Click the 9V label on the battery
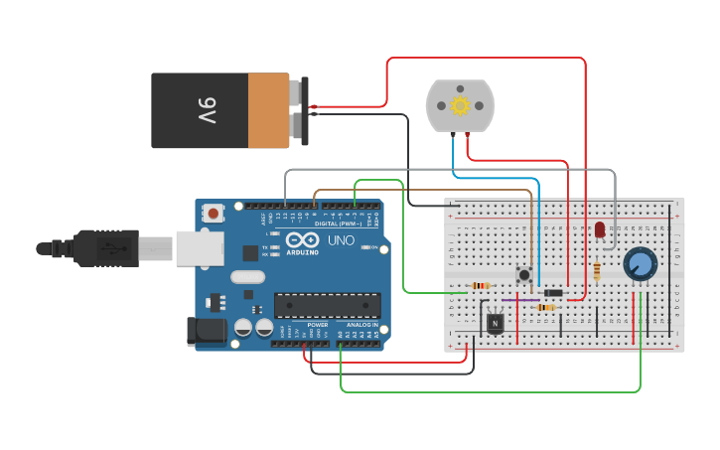click(206, 110)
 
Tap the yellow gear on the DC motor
click(459, 105)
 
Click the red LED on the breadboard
click(600, 229)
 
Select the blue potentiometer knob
click(641, 264)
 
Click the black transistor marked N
click(495, 322)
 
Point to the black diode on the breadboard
click(553, 292)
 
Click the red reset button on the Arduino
click(214, 213)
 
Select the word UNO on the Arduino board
click(341, 240)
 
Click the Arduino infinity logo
click(301, 239)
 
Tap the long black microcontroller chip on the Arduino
click(328, 306)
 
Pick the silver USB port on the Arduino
click(200, 248)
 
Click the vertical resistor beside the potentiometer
click(596, 270)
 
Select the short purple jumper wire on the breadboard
click(520, 300)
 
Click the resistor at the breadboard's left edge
click(481, 285)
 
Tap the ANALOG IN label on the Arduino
click(362, 325)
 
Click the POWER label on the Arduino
click(318, 325)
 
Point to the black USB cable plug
click(104, 247)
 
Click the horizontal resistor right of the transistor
click(545, 307)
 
